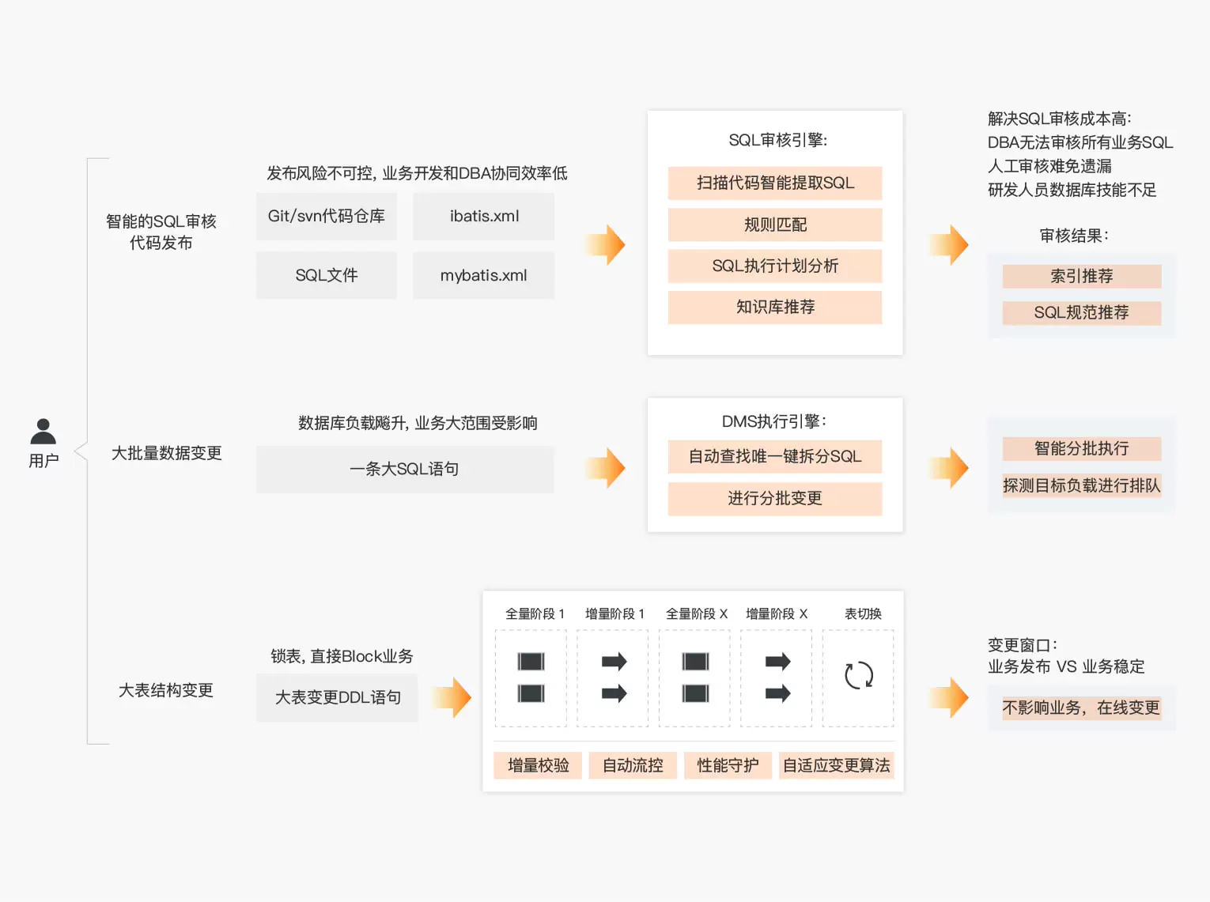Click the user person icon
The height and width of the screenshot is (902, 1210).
click(43, 432)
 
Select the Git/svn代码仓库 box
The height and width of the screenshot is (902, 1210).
click(326, 217)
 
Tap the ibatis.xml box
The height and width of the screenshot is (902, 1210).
click(483, 217)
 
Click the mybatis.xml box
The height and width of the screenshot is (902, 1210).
click(483, 276)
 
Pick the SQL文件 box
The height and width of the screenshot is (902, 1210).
click(326, 276)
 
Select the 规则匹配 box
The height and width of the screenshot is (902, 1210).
click(774, 225)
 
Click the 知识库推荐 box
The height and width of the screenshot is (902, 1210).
click(774, 308)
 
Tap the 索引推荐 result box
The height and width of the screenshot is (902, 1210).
click(1081, 277)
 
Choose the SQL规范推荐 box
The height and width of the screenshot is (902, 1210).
click(1081, 313)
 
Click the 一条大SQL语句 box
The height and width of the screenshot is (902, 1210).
click(404, 470)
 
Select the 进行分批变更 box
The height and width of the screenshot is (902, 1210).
click(774, 499)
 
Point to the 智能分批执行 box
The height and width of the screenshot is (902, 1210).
click(1081, 449)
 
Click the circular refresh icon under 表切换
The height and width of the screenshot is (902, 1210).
click(858, 675)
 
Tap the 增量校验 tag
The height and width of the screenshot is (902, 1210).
click(538, 765)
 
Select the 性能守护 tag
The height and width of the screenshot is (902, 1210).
click(728, 765)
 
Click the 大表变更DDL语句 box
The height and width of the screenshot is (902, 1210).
click(337, 698)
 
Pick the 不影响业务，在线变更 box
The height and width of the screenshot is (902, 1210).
click(1081, 708)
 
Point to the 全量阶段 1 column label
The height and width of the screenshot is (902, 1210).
click(535, 614)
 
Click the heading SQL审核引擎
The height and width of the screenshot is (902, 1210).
click(777, 141)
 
